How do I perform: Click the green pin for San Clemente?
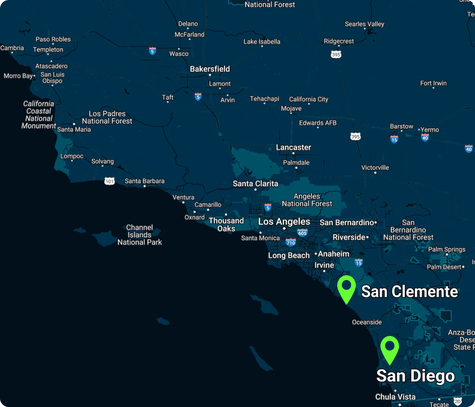[346, 288]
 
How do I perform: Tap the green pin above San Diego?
[390, 348]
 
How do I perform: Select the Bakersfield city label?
[210, 69]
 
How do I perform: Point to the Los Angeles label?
[284, 221]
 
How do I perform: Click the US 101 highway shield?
[110, 181]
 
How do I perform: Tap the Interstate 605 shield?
[302, 233]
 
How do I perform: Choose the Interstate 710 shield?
[291, 242]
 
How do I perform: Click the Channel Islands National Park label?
[140, 235]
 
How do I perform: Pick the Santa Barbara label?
[144, 181]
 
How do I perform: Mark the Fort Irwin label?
[433, 83]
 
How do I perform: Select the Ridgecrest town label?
[339, 41]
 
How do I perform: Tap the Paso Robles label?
[53, 39]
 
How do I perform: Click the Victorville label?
[375, 168]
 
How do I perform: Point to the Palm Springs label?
[446, 249]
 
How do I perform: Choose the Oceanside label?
[367, 322]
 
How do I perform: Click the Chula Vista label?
[395, 397]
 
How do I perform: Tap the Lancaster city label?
[293, 147]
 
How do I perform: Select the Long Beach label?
[289, 255]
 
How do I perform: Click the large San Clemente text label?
[409, 292]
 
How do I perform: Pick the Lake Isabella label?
[262, 42]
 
